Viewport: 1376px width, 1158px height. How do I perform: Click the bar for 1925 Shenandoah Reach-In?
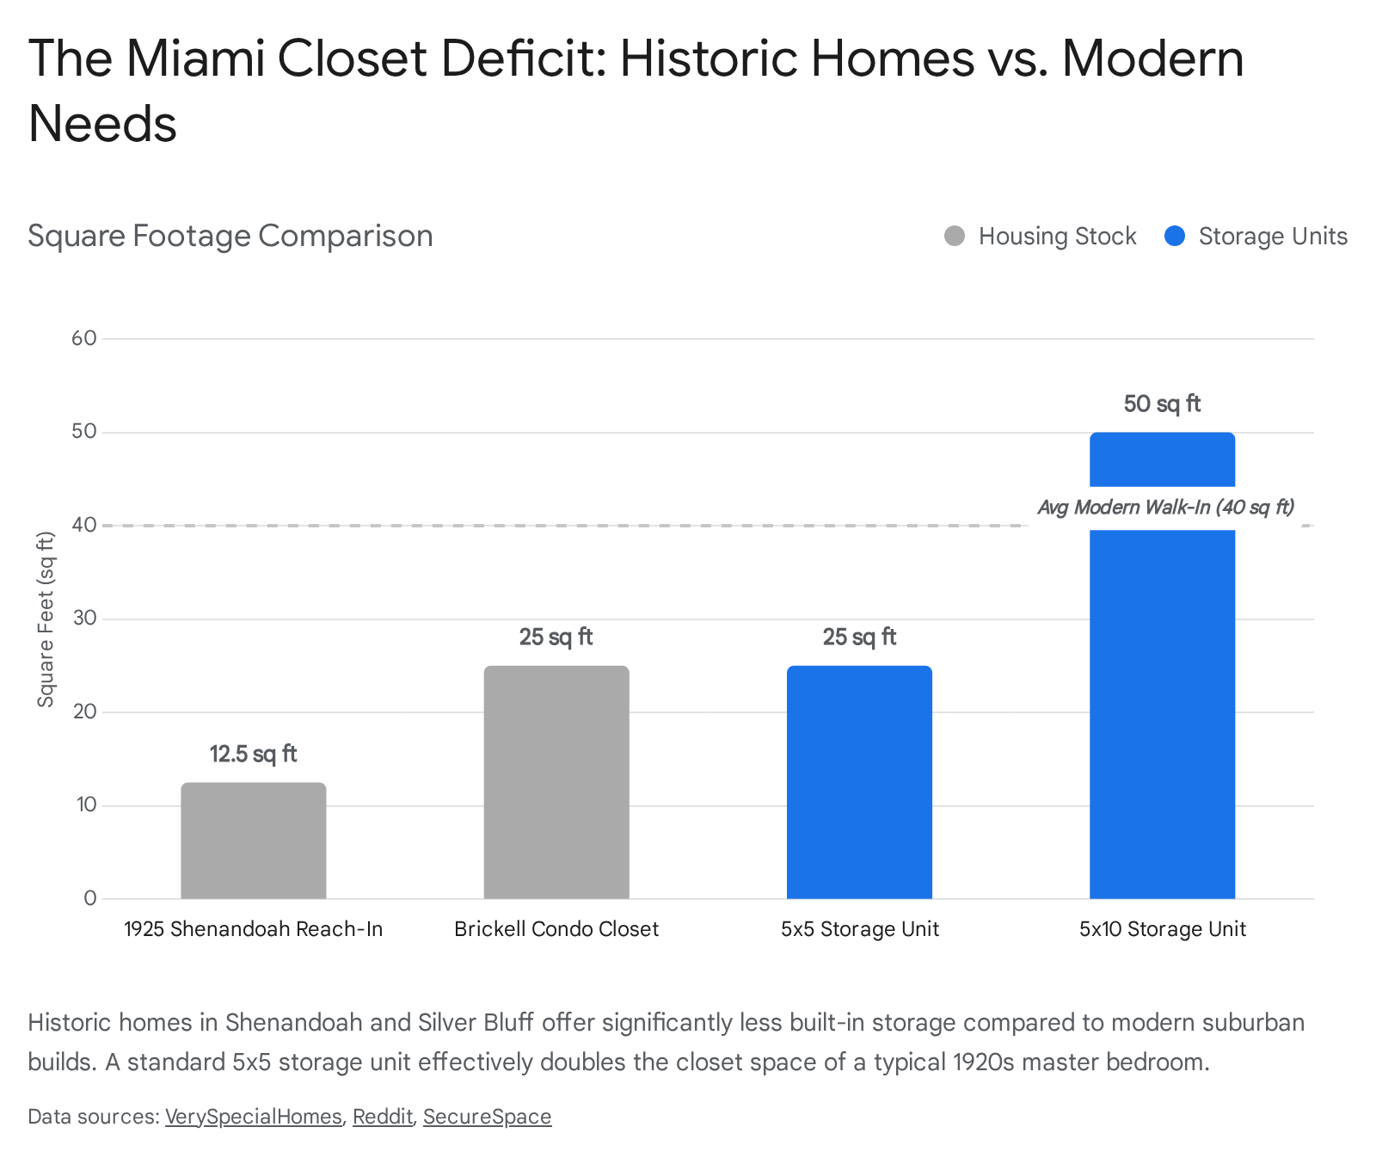click(254, 841)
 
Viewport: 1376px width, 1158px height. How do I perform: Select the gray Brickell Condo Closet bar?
click(556, 782)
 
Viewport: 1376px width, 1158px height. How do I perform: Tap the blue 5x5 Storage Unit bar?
click(859, 782)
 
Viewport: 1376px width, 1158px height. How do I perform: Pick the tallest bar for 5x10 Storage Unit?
click(1162, 688)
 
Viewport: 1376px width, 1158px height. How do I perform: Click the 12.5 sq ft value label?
click(254, 755)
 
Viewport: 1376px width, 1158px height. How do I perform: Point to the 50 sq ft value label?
click(1162, 404)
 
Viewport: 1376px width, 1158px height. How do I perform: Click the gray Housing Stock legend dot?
click(955, 237)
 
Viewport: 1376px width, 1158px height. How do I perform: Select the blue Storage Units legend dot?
click(1175, 237)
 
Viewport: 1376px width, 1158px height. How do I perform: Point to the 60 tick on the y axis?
click(84, 338)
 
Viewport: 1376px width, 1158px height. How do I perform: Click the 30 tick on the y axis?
click(84, 619)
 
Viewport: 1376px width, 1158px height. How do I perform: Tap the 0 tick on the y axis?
click(90, 898)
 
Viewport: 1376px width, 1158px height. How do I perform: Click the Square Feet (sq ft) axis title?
click(46, 619)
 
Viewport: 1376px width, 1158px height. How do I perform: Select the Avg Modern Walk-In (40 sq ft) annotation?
click(1165, 508)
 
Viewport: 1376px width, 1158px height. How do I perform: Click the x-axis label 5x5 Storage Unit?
click(859, 929)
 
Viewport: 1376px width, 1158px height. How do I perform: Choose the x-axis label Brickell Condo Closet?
click(556, 929)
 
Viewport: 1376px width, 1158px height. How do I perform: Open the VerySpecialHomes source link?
click(254, 1117)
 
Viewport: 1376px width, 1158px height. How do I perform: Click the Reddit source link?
click(383, 1117)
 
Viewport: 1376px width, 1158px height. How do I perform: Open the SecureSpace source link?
click(487, 1117)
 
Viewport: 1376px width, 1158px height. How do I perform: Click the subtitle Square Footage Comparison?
click(230, 236)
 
